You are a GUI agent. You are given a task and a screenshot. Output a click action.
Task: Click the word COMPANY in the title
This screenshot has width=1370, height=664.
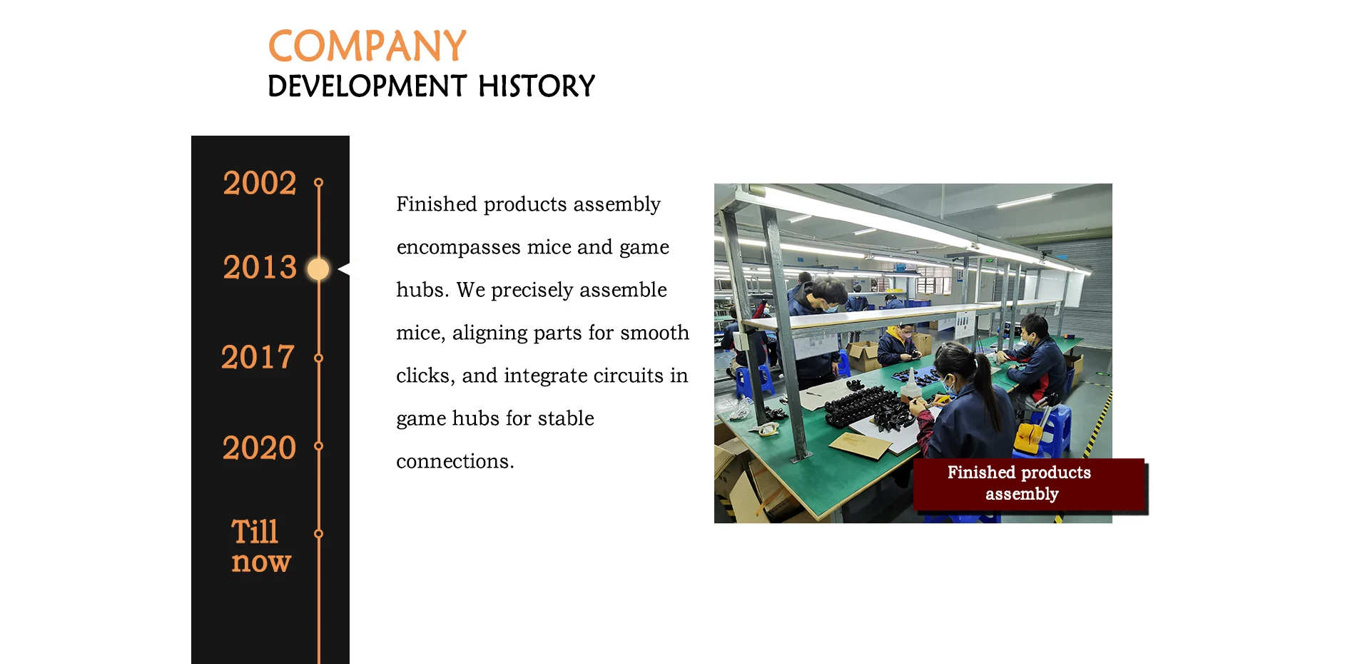point(367,46)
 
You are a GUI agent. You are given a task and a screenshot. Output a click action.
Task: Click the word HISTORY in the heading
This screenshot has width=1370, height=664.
point(537,86)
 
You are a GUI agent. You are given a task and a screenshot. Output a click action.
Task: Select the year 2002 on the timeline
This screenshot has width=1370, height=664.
point(260,183)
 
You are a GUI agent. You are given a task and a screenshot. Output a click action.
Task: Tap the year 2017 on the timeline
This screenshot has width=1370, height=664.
point(258,357)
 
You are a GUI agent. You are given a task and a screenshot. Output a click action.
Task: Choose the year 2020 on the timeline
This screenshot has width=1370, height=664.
point(259,448)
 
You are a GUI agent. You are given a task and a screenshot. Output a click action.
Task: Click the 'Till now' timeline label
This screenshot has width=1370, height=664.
point(260,546)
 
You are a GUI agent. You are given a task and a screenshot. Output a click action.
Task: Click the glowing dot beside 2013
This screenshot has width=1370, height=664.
point(318,269)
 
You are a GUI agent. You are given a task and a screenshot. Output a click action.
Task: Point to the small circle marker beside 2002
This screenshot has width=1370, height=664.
point(319,183)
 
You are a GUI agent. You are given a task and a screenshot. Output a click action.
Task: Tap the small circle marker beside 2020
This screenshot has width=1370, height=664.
point(319,446)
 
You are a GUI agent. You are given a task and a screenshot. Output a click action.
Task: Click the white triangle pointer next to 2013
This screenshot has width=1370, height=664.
point(344,269)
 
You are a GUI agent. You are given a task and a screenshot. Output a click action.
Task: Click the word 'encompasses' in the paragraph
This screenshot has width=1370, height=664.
point(459,248)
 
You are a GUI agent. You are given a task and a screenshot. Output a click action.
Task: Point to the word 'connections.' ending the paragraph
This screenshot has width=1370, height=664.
point(455,461)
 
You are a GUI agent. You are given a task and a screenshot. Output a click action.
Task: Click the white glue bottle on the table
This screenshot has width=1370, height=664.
point(910,390)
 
